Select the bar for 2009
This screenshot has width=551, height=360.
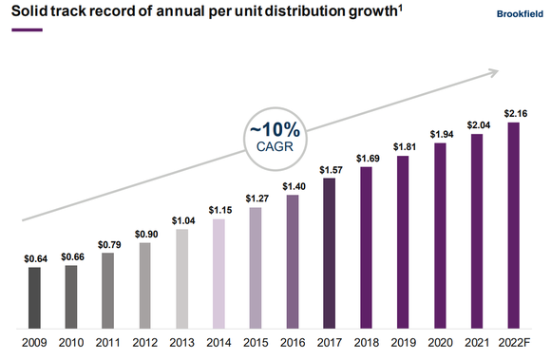tap(35, 295)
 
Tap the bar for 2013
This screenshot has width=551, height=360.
tap(182, 276)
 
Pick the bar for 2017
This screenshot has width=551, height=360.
tap(330, 251)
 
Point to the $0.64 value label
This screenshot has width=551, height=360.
tap(35, 257)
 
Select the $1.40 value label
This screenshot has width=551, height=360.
tap(293, 186)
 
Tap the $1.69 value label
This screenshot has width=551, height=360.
tap(367, 158)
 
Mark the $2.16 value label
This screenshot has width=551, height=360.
tap(514, 113)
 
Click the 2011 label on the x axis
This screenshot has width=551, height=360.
tap(108, 341)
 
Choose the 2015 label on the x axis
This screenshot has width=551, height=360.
tap(256, 341)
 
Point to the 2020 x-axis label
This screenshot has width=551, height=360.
tap(440, 341)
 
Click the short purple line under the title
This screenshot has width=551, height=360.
tap(27, 30)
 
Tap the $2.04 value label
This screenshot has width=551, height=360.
tap(477, 124)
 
